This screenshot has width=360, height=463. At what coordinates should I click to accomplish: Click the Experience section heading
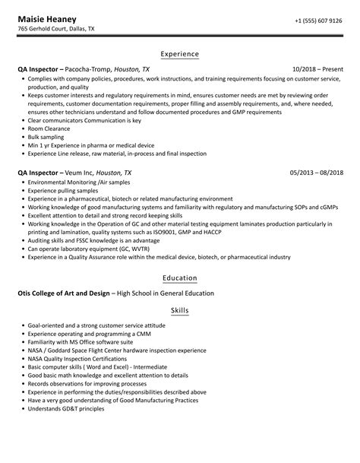tap(180, 54)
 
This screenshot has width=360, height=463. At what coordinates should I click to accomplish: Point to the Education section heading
tap(180, 277)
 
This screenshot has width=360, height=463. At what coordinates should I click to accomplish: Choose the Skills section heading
tap(180, 310)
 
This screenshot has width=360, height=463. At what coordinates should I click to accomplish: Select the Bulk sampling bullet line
tap(48, 140)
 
